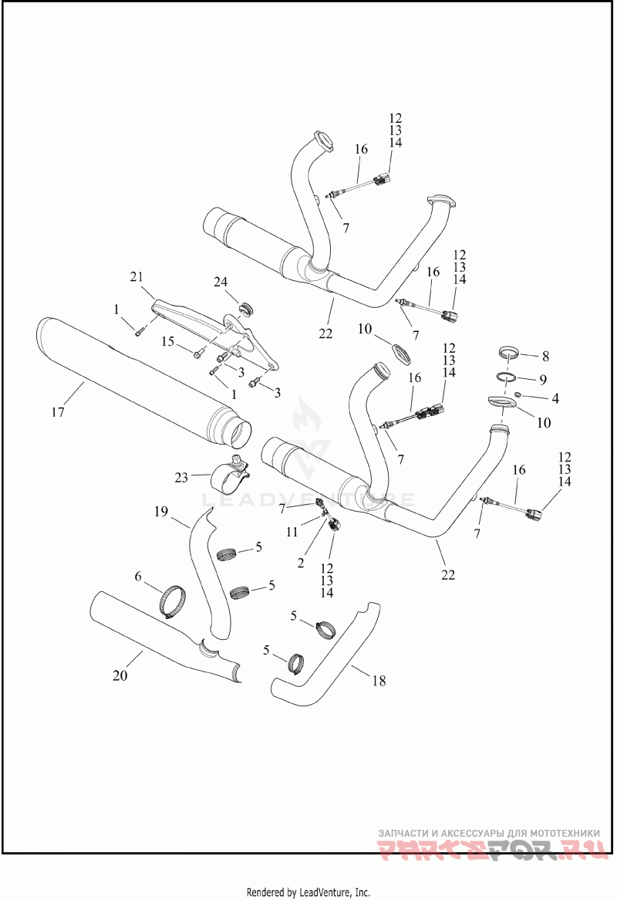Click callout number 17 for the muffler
click(x=58, y=411)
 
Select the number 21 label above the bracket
click(x=137, y=277)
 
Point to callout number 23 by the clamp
click(x=181, y=478)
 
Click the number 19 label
click(x=160, y=511)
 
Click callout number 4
click(x=555, y=399)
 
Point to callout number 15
click(x=167, y=341)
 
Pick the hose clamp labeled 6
click(x=173, y=600)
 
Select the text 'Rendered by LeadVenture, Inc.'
click(x=308, y=892)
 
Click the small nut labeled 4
click(x=519, y=394)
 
